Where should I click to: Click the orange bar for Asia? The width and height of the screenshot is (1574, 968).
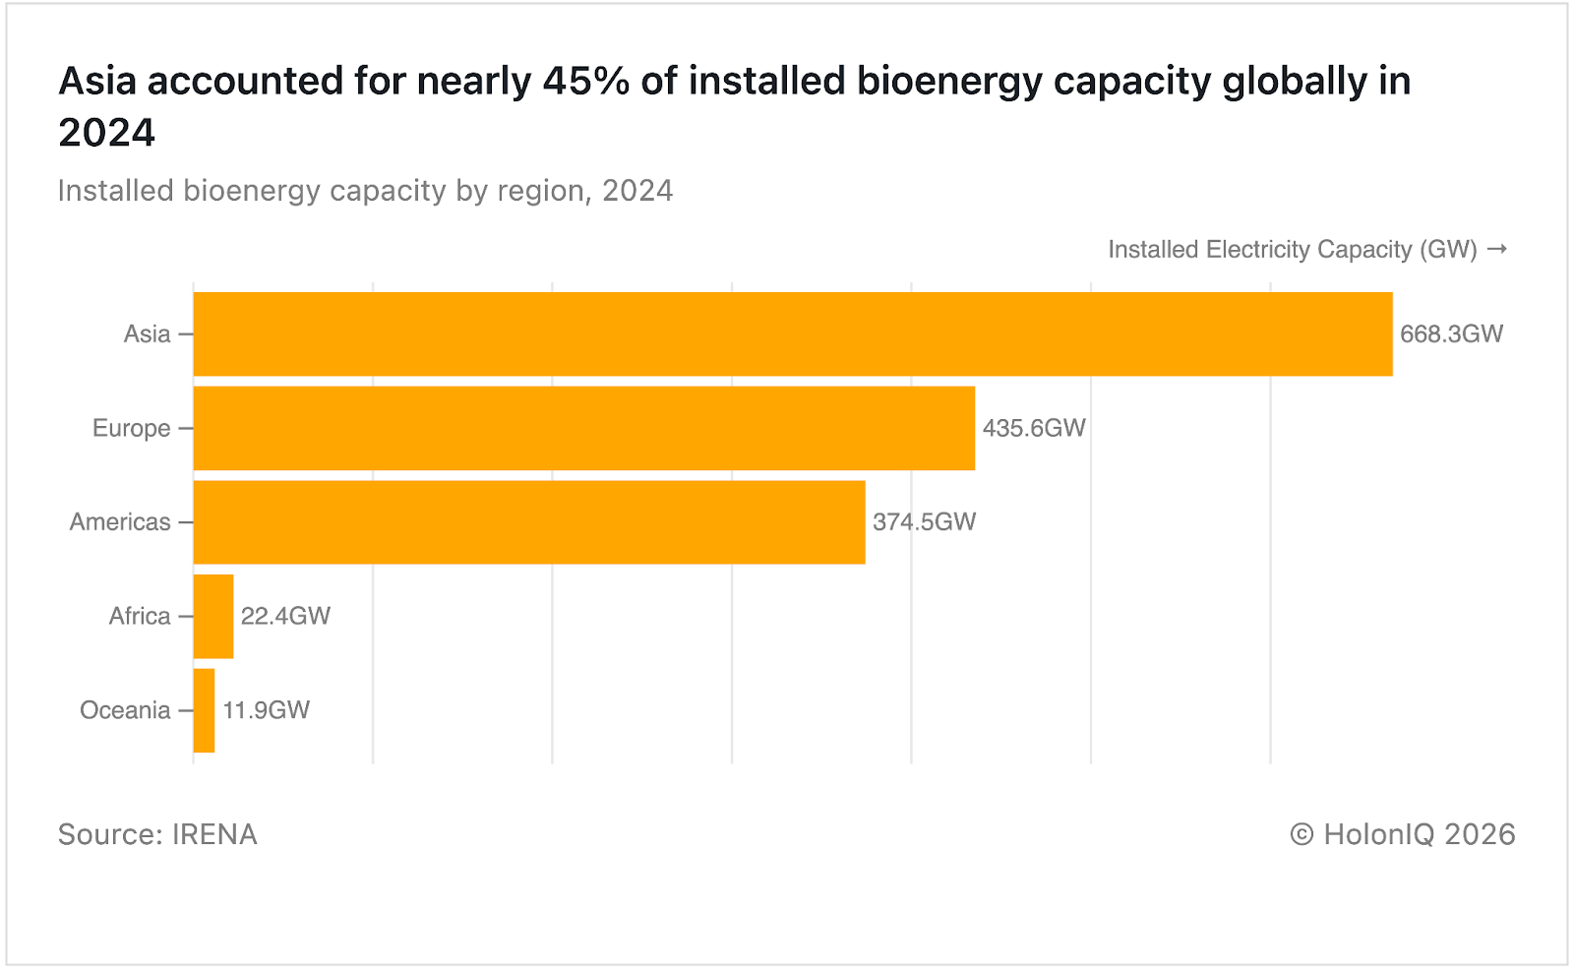pos(792,333)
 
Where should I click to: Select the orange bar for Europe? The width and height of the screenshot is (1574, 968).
pos(583,428)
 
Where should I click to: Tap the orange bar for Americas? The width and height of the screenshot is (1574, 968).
pos(529,522)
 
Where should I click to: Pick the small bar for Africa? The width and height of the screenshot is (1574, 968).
pos(213,617)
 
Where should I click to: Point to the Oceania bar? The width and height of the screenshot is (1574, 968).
pos(204,710)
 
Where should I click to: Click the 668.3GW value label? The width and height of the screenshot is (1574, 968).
pos(1451,333)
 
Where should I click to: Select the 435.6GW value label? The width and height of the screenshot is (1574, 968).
pos(1034,428)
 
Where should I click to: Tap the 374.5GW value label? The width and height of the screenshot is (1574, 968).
pos(924,522)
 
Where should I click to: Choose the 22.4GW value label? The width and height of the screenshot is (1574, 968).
pos(285,617)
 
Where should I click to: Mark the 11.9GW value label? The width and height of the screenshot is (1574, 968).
pos(266,710)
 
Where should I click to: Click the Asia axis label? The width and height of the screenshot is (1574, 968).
pos(147,334)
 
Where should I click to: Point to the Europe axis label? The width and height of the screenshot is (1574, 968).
pos(131,429)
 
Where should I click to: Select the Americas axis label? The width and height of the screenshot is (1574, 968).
pos(119,522)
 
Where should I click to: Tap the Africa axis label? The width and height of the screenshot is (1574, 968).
pos(139,617)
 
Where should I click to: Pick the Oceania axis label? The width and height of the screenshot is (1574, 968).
pos(125,710)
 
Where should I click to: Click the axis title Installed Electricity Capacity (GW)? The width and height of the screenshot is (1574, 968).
pos(1293,250)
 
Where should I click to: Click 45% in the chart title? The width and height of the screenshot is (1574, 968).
pos(585,82)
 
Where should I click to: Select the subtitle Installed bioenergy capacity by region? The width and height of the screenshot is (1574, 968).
pos(364,191)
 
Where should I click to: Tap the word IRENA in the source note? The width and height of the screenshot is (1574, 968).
pos(214,835)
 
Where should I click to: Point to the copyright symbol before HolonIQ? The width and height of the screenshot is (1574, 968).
pos(1302,835)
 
